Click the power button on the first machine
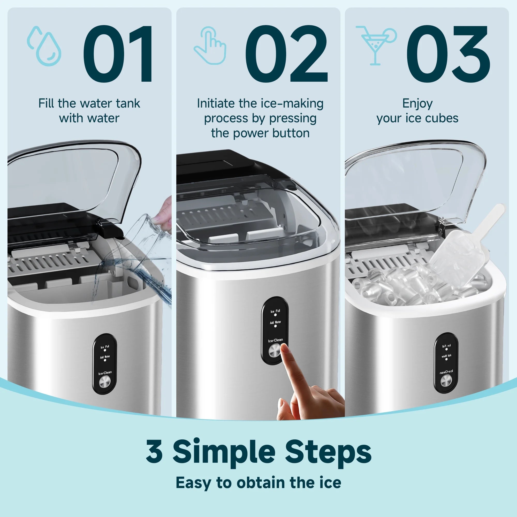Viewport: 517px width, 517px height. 105,382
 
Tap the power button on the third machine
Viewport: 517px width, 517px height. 446,381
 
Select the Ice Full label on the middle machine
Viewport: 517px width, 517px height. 275,311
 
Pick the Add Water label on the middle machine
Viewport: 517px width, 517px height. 275,322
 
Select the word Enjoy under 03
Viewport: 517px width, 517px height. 417,104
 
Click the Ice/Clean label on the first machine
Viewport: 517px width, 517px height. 105,373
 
